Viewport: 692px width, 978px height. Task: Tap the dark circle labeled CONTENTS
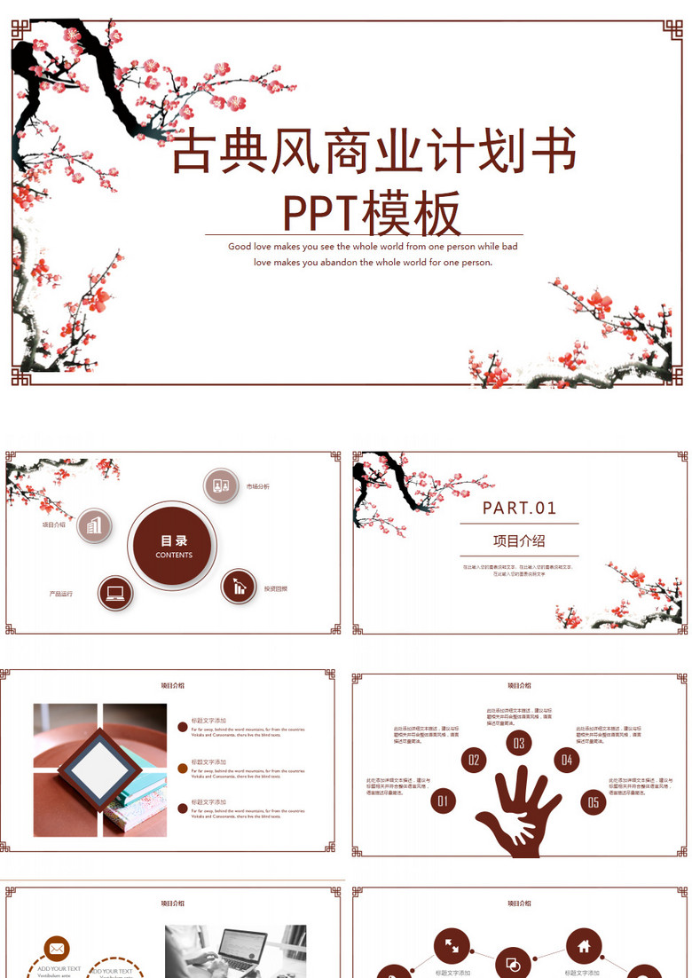pos(173,546)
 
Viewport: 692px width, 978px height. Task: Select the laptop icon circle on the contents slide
pos(114,593)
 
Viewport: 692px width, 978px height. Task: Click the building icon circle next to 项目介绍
pos(94,525)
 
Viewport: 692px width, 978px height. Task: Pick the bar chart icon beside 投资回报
pos(239,586)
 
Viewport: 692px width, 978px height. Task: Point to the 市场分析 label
pos(257,486)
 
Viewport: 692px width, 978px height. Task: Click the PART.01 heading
pos(519,508)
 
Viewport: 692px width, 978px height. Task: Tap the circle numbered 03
pos(519,744)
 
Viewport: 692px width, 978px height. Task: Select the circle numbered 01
pos(443,801)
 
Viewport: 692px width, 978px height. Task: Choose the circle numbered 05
pos(594,802)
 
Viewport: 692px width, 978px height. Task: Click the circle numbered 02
pos(474,760)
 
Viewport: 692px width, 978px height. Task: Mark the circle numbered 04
pos(567,760)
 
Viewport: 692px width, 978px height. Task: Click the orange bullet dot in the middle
pos(183,767)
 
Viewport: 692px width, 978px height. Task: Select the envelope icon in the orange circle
pos(57,949)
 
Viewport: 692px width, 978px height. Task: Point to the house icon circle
pos(584,946)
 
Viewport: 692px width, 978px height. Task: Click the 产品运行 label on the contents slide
pos(61,593)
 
